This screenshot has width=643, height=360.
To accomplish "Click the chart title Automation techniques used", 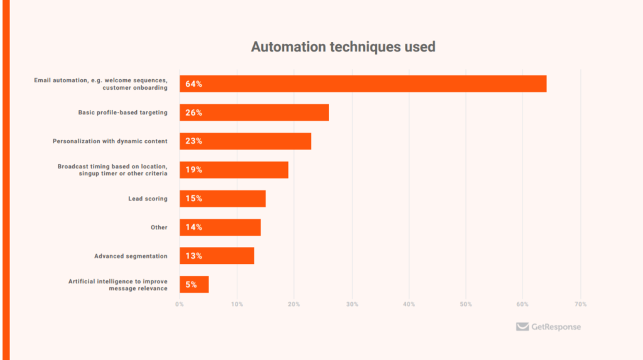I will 343,46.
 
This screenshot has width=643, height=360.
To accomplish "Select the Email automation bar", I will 363,84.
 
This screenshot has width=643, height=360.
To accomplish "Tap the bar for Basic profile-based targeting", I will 254,112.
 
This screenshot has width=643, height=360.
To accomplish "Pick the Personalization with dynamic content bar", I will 246,141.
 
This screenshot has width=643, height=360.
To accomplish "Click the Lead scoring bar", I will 223,199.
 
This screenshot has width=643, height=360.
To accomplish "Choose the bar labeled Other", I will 220,227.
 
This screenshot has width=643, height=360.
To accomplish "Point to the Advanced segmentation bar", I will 217,256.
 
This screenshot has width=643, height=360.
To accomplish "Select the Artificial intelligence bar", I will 195,285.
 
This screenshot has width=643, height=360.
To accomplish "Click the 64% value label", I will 193,84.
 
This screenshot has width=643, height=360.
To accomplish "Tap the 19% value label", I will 193,170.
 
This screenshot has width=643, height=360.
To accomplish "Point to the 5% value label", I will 191,285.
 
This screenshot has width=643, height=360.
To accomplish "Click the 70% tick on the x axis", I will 580,305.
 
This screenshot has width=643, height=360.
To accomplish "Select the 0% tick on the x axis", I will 180,305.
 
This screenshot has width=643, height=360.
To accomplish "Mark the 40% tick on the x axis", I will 409,305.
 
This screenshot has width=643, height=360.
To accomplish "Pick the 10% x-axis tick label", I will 237,305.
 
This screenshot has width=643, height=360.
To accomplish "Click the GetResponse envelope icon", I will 522,327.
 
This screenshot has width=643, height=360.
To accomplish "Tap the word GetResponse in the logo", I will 556,327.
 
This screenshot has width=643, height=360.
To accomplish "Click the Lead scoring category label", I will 148,199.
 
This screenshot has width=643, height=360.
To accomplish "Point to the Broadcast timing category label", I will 112,170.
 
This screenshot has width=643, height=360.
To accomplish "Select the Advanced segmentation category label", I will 131,256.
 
